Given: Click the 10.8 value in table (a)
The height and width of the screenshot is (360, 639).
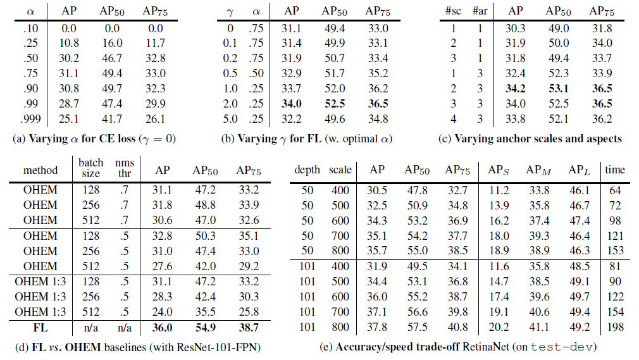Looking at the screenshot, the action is coord(69,43).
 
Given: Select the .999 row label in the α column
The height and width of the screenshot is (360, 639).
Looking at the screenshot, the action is coord(31,119).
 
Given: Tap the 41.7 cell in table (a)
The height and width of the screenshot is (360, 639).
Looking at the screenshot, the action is coord(112,119).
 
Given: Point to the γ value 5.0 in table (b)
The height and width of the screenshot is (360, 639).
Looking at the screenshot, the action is coord(230,119).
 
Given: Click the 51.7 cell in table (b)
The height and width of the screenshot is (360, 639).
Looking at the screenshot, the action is coord(335,73).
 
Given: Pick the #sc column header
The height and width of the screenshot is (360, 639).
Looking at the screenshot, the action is coord(453,11).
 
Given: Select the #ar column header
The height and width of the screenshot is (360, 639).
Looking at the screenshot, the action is coord(480,11).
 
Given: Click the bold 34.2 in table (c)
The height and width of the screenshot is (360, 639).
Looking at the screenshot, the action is coord(516,89).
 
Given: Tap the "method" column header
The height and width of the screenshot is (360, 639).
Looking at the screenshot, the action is coord(40,170).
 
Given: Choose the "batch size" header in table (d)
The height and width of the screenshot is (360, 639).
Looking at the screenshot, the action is coord(91,168).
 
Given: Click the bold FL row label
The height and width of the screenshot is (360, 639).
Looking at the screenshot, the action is coord(40,327).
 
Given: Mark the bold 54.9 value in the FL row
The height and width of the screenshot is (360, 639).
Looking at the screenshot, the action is coord(206,327).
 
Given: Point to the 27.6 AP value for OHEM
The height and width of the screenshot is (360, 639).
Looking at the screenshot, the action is coord(162,266).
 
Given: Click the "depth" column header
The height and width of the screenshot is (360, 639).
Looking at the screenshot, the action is coord(307,170).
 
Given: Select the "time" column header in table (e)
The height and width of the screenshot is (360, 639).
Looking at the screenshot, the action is coord(615,170).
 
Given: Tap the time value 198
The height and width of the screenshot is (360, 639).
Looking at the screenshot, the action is coord(616,327).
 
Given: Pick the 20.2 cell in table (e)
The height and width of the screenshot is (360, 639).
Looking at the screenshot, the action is coord(499,327).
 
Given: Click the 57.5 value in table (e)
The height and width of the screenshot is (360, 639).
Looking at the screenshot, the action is coord(418,327).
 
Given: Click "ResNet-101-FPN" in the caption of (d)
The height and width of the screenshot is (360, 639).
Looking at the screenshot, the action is coord(218,347).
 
